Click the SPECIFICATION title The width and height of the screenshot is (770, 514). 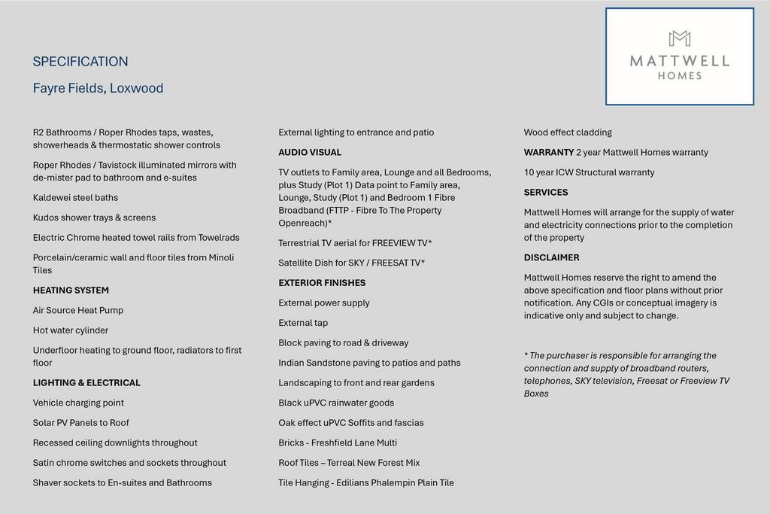click(x=80, y=62)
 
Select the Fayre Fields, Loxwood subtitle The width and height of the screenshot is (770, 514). click(x=98, y=88)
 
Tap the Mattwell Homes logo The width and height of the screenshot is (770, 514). click(x=679, y=56)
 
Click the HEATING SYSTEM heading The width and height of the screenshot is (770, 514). click(x=71, y=290)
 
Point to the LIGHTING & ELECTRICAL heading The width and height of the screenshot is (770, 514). click(x=86, y=383)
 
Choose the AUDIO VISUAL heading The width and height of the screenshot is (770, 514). click(x=310, y=153)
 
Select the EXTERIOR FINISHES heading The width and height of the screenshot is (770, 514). click(x=322, y=283)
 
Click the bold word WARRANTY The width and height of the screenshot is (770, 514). click(x=549, y=153)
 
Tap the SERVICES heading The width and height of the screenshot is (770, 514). click(x=546, y=193)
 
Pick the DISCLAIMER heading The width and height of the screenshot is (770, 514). click(x=551, y=257)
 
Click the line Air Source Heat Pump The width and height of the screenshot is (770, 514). click(x=78, y=310)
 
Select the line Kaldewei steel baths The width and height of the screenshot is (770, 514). click(x=75, y=198)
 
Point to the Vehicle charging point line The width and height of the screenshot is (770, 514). click(x=78, y=403)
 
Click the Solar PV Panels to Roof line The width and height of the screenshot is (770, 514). click(x=81, y=423)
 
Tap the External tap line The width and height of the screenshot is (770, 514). click(x=303, y=323)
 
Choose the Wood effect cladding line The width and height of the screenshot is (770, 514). click(x=568, y=132)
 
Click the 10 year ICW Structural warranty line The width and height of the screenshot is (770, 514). click(x=589, y=172)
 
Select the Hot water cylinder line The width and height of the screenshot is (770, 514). click(x=71, y=330)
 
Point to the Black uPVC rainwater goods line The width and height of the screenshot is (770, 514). click(x=336, y=403)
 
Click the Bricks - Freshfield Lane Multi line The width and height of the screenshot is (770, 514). click(x=338, y=443)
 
